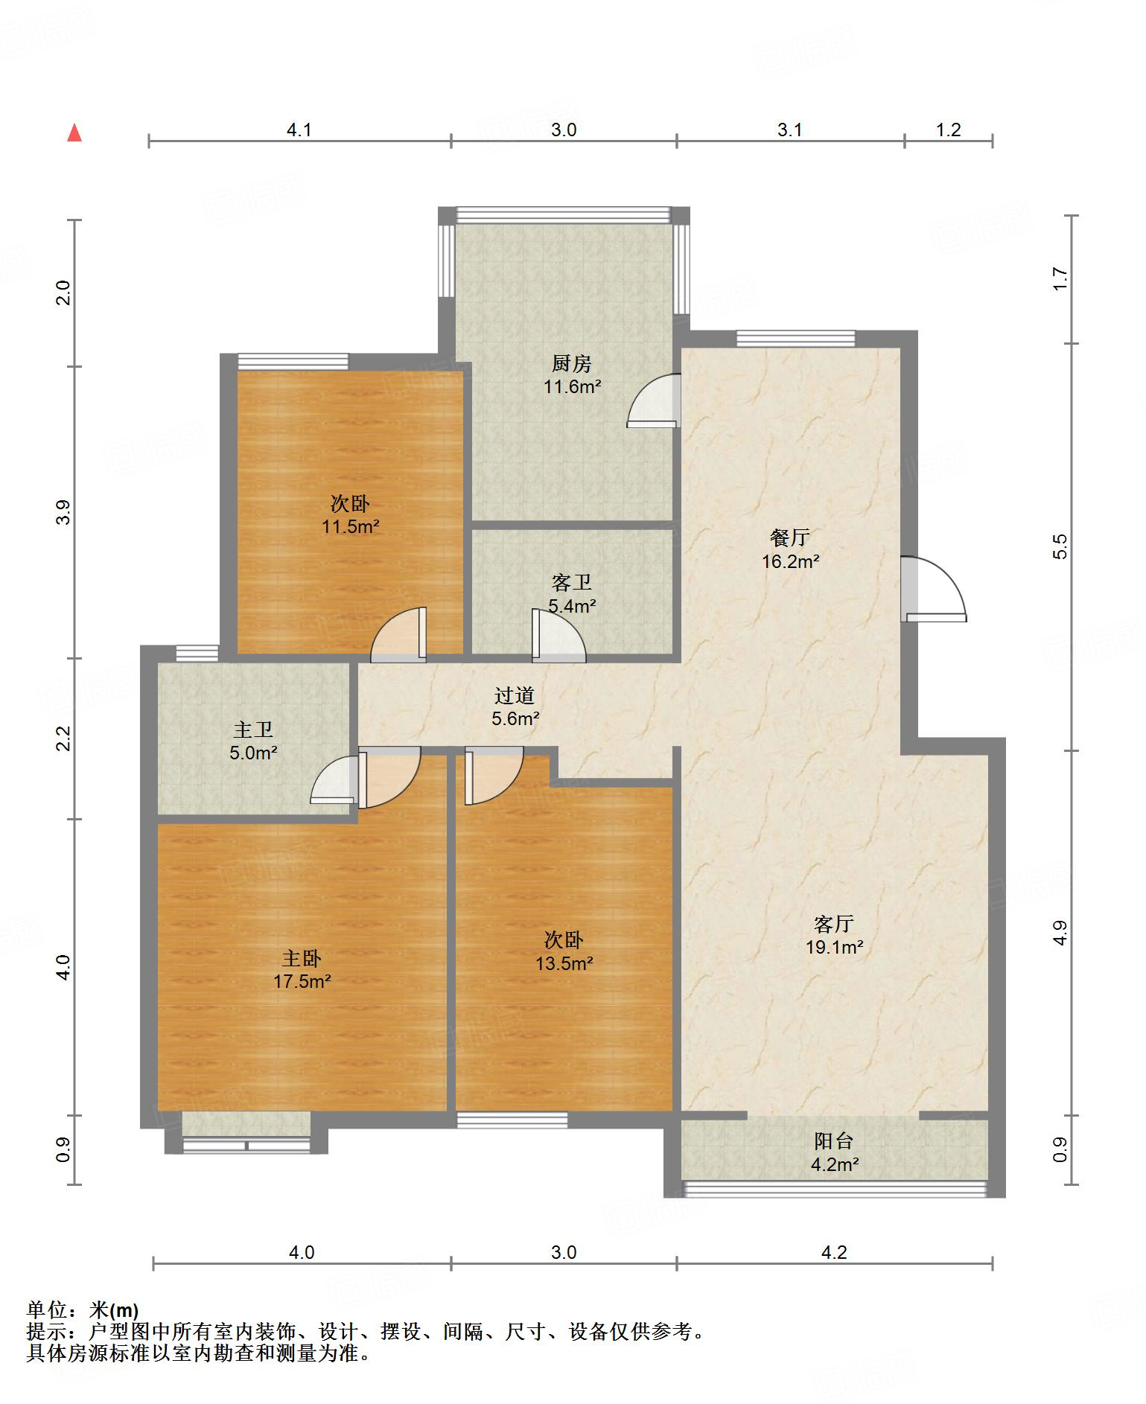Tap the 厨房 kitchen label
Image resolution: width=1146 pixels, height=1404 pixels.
[572, 363]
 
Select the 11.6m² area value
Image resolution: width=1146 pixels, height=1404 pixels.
[572, 386]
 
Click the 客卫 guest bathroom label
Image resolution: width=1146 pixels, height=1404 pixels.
[572, 582]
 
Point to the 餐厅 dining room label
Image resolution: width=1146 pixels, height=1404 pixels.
[790, 537]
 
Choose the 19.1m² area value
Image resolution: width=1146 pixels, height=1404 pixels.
[834, 948]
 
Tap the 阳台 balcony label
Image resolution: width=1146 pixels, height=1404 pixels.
[834, 1141]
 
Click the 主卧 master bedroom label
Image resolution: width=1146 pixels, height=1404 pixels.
[302, 958]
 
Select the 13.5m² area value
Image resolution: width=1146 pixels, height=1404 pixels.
[564, 963]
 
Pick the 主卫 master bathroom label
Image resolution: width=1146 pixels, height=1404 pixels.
[253, 730]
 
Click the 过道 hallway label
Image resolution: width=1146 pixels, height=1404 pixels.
[515, 695]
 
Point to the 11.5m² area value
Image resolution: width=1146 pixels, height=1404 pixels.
[350, 527]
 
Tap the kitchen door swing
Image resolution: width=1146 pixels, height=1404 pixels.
[654, 401]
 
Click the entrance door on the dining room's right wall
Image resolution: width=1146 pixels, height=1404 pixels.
[933, 589]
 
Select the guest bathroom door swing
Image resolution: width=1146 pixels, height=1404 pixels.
[558, 636]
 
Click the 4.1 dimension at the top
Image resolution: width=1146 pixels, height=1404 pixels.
[299, 130]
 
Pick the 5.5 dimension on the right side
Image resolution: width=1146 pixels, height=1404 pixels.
[1060, 546]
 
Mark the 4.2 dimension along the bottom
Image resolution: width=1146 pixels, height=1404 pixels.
[834, 1253]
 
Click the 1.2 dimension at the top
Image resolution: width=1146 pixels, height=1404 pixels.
[948, 130]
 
